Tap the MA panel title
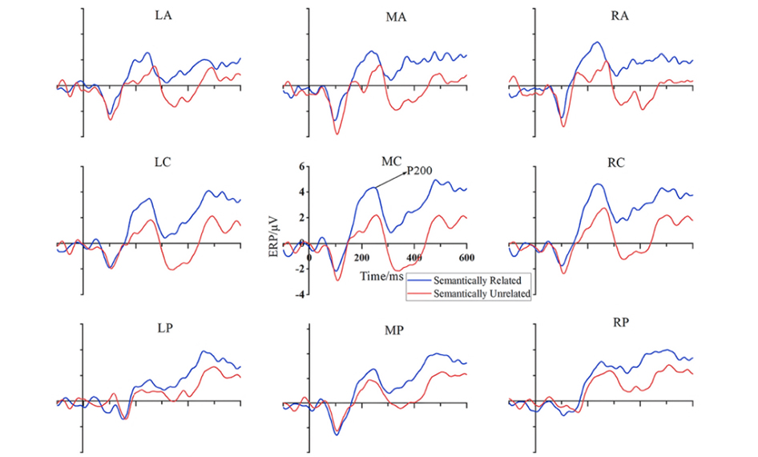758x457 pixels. coord(395,18)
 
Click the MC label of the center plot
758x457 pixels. coord(391,161)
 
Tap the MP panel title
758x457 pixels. coord(393,330)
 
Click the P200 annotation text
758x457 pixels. coord(421,170)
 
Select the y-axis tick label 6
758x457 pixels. coord(303,166)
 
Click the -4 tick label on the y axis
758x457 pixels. coord(300,294)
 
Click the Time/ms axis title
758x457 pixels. coord(381,276)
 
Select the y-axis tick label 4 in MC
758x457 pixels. coord(303,192)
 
